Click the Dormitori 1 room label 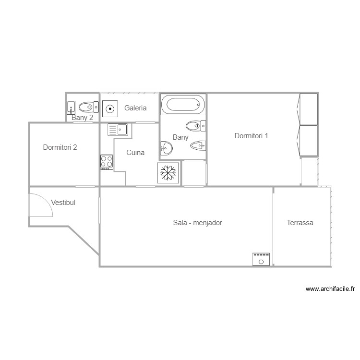[251, 136]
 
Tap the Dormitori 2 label [60, 147]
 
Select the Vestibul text [62, 203]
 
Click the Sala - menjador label [197, 223]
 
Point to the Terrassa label [300, 223]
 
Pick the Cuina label [135, 153]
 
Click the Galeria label [135, 108]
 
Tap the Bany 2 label [83, 117]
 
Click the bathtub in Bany [183, 104]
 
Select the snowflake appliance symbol [168, 173]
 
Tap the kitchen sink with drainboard [118, 130]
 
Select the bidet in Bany [198, 145]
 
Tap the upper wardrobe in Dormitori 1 [309, 109]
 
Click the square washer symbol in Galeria [110, 108]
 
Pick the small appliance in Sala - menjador [261, 260]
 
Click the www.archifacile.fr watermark [330, 289]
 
